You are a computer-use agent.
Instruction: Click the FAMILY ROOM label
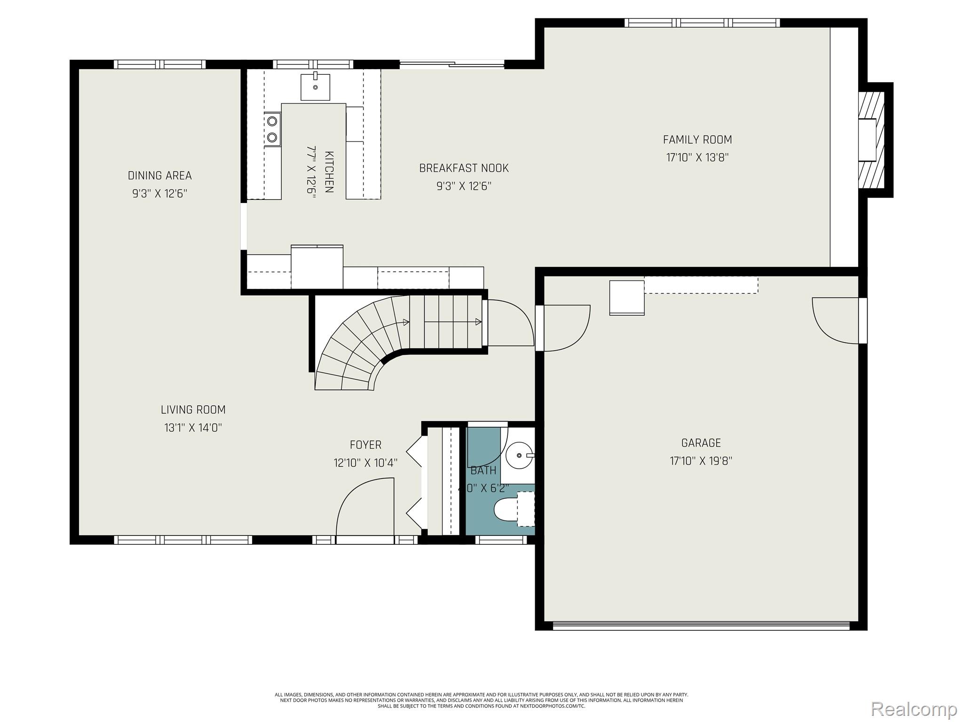coord(697,140)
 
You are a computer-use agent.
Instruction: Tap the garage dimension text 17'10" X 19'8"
coord(701,461)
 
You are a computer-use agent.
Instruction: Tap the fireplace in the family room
coord(871,140)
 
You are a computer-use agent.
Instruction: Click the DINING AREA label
coord(159,176)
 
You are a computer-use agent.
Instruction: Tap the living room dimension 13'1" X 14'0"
coord(193,428)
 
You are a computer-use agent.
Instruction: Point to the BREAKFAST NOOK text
coord(464,168)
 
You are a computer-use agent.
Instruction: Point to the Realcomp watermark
coord(914,709)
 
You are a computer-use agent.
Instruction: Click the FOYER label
coord(365,445)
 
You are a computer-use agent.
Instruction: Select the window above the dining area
coord(159,64)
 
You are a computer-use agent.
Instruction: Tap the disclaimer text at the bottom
coord(481,700)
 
